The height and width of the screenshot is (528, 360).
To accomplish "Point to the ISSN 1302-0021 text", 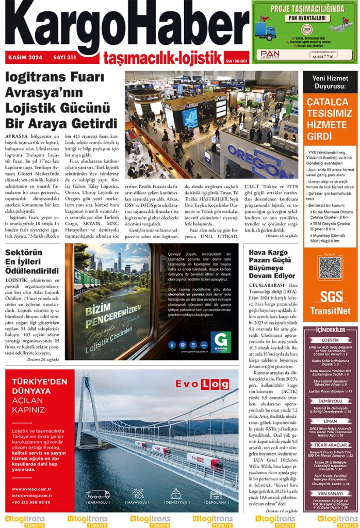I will (x=237, y=60).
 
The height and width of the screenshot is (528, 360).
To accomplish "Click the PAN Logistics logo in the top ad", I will (x=270, y=54).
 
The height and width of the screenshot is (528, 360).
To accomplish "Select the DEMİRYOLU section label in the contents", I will (x=330, y=401).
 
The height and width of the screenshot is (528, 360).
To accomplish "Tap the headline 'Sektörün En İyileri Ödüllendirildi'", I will (x=32, y=262).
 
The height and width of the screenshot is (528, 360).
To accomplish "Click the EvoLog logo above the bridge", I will (x=199, y=384).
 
